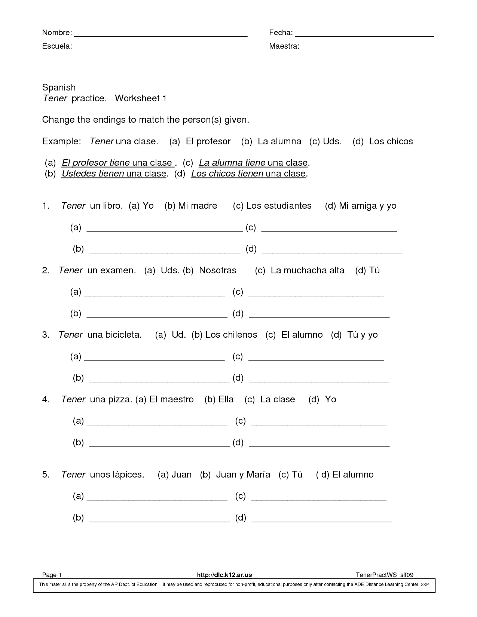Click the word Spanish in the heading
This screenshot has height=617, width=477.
click(x=59, y=88)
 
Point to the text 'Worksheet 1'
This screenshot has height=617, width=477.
click(x=140, y=98)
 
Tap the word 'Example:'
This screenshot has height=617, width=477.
click(x=61, y=141)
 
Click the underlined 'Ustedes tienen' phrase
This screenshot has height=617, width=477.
click(x=93, y=174)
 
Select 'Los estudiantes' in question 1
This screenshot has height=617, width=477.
click(x=279, y=206)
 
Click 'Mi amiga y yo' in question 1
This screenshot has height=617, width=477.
click(x=367, y=206)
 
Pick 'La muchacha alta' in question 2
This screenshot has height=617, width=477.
click(x=307, y=270)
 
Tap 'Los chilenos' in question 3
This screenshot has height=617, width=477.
click(x=231, y=335)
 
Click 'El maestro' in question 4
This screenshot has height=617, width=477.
click(x=171, y=399)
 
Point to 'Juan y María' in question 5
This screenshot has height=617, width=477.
click(x=243, y=475)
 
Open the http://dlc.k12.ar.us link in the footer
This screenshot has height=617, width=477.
click(x=224, y=575)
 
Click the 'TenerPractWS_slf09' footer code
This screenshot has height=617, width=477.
click(x=384, y=575)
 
